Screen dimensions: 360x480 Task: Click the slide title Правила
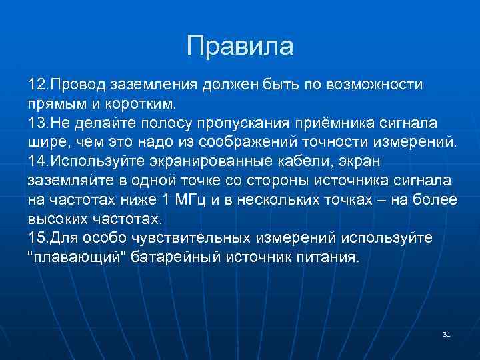tap(240, 46)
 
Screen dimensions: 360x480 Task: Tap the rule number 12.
tap(37, 85)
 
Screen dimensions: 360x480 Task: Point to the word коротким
tap(142, 105)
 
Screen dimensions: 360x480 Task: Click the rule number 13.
tap(37, 123)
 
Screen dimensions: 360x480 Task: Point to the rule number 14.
tap(37, 162)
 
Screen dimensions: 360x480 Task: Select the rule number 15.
tap(37, 239)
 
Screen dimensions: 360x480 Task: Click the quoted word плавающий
tap(79, 258)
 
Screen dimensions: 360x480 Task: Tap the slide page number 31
tap(447, 333)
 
